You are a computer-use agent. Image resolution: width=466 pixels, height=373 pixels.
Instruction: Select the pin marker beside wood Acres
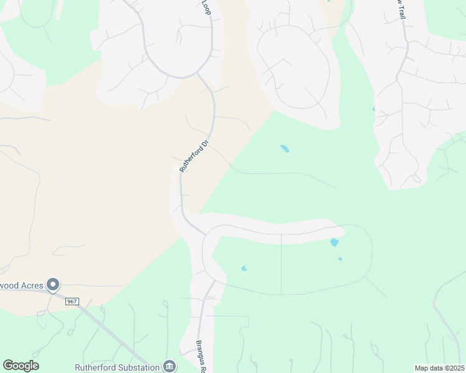pyautogui.click(x=53, y=285)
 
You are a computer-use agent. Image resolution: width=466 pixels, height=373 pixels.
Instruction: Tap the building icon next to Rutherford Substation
pyautogui.click(x=168, y=366)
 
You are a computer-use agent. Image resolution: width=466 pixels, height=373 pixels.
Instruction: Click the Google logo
pyautogui.click(x=21, y=366)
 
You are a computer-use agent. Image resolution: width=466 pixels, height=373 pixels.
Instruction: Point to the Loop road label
pyautogui.click(x=207, y=7)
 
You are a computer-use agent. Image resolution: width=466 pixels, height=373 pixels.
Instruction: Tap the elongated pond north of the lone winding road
pyautogui.click(x=285, y=149)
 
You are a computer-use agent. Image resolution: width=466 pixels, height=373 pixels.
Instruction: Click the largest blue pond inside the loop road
pyautogui.click(x=335, y=242)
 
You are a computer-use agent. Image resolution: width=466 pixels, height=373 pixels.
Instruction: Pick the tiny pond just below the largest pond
pyautogui.click(x=340, y=259)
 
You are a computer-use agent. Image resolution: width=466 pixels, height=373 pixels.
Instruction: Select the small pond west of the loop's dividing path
pyautogui.click(x=244, y=269)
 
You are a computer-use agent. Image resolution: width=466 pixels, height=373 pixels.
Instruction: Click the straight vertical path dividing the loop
pyautogui.click(x=282, y=264)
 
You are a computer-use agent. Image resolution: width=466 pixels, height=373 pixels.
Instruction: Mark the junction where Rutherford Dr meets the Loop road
pyautogui.click(x=198, y=73)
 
